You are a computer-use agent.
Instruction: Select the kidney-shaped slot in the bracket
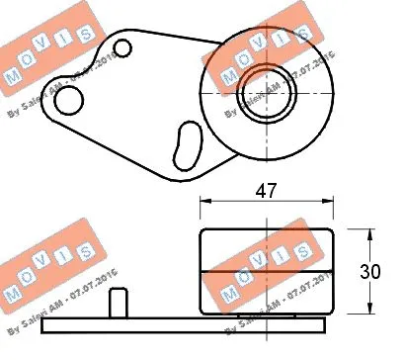[184, 144]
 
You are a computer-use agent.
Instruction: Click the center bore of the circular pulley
[263, 94]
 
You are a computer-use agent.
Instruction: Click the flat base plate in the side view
[188, 323]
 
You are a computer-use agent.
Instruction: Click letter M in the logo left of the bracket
[14, 76]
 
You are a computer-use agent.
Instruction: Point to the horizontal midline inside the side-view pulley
[266, 270]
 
